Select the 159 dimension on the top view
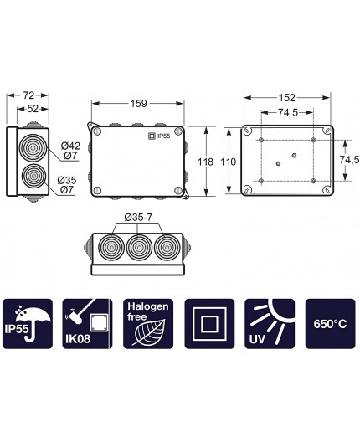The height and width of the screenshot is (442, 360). click(x=139, y=104)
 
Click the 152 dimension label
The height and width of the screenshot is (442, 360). click(x=287, y=97)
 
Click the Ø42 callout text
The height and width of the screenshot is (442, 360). click(x=70, y=144)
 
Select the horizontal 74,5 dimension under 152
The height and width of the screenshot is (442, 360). click(x=287, y=111)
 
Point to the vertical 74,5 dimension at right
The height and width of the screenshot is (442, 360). click(x=348, y=160)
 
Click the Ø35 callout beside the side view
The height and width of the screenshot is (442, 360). click(x=69, y=180)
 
